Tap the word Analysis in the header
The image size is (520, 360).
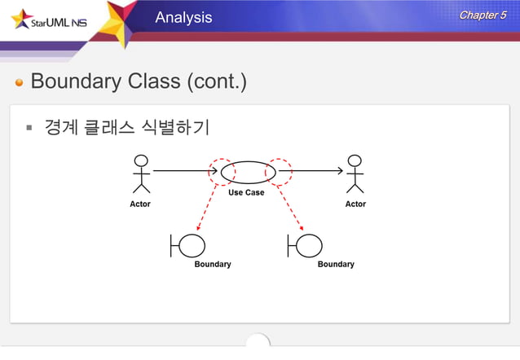183,17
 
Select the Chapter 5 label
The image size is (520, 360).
483,15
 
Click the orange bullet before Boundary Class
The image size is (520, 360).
20,83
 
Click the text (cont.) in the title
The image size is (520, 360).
217,82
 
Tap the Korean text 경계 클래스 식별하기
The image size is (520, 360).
126,128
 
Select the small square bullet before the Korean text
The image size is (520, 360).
28,128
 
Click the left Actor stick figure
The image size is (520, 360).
141,173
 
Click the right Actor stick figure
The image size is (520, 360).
355,173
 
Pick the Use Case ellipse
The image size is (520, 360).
249,173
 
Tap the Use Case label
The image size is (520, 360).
245,193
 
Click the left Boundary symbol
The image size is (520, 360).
188,245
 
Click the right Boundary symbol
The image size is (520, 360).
305,245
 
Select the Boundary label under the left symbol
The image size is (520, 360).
212,264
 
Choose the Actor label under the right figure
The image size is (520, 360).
355,204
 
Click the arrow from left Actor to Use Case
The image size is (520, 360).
183,171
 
